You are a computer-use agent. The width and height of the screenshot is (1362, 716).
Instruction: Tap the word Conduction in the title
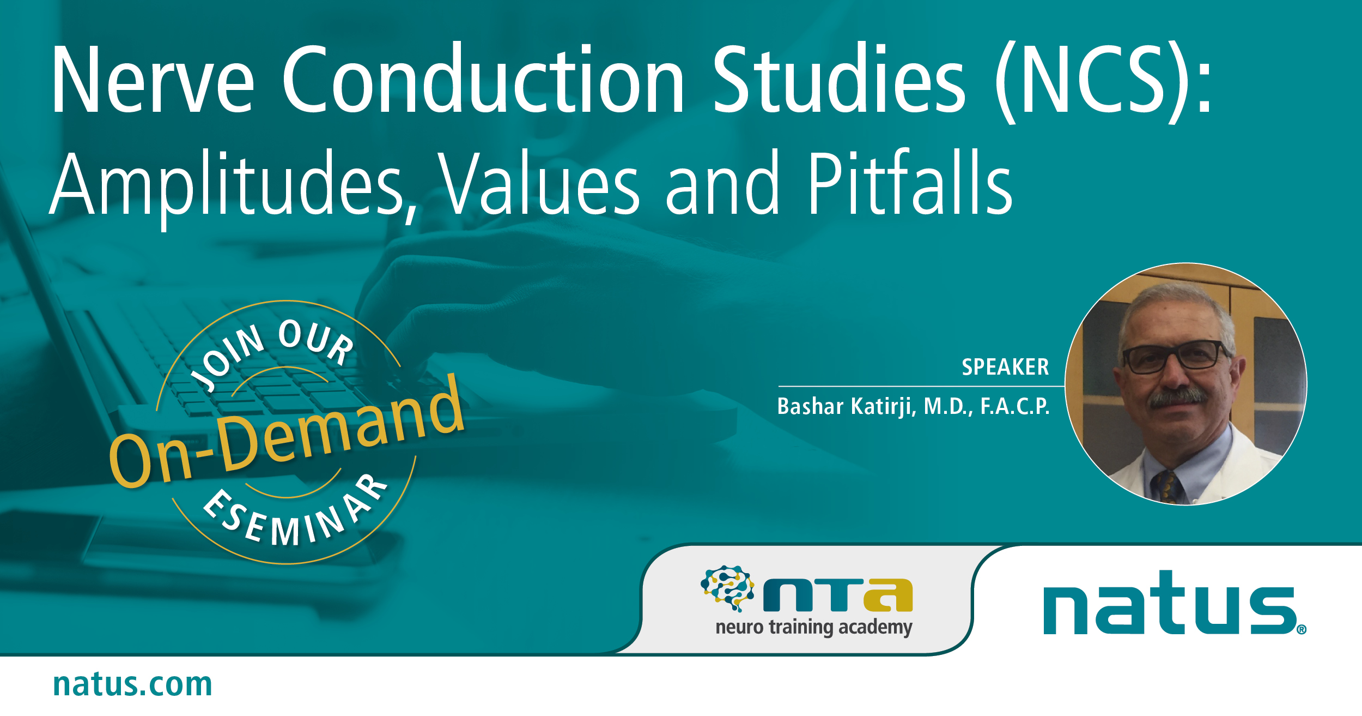coord(482,81)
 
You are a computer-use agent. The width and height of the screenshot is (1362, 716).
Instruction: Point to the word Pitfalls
coord(910,184)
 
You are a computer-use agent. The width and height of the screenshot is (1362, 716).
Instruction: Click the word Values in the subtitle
coord(539,184)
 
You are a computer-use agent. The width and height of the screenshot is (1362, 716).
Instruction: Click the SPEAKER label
coord(1005,367)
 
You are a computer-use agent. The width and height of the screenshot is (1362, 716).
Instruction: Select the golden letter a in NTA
coord(888,595)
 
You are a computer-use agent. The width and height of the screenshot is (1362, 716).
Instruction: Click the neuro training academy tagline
coord(813,627)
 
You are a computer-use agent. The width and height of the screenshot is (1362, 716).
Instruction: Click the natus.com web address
coord(132,684)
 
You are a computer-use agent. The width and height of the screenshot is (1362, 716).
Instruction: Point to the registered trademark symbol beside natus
coord(1302,630)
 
